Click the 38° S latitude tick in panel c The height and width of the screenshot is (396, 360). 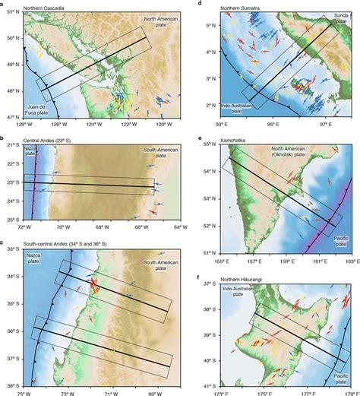coord(14,384)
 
